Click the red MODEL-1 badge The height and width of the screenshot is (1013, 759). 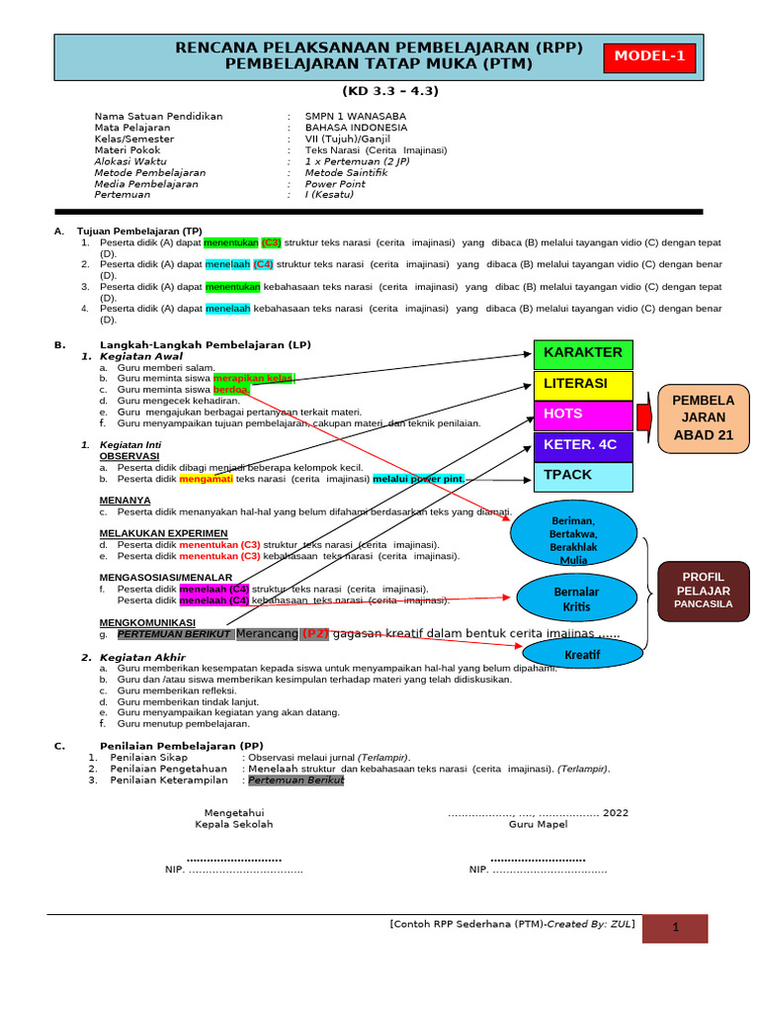coord(649,57)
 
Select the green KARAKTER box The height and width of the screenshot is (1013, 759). coord(582,353)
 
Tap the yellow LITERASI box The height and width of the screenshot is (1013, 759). coord(582,384)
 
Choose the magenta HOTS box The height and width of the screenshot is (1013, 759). coord(582,414)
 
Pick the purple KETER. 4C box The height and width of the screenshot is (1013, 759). coord(582,445)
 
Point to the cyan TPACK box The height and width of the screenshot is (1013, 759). coord(582,476)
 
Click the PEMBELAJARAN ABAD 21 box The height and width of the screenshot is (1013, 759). coord(704,418)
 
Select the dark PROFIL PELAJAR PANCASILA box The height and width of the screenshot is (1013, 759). coord(703,590)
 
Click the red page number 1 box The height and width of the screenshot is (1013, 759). coord(675,928)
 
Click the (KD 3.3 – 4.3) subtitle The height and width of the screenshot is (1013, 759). coord(389,91)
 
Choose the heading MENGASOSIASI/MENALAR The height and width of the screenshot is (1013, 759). coord(166,577)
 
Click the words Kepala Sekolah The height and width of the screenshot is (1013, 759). coord(234,824)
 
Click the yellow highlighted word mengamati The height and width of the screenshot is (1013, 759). coord(206,479)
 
